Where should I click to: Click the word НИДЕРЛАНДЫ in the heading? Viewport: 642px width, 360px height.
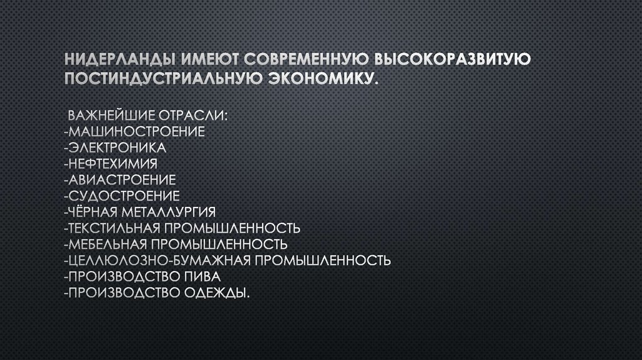point(118,60)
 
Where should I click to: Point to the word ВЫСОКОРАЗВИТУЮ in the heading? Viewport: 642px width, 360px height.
point(453,60)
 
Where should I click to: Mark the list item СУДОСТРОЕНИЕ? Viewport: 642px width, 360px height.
point(122,195)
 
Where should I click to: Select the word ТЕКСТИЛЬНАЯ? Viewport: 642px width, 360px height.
point(113,226)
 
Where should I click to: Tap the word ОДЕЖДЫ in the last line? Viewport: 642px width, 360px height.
point(218,292)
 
